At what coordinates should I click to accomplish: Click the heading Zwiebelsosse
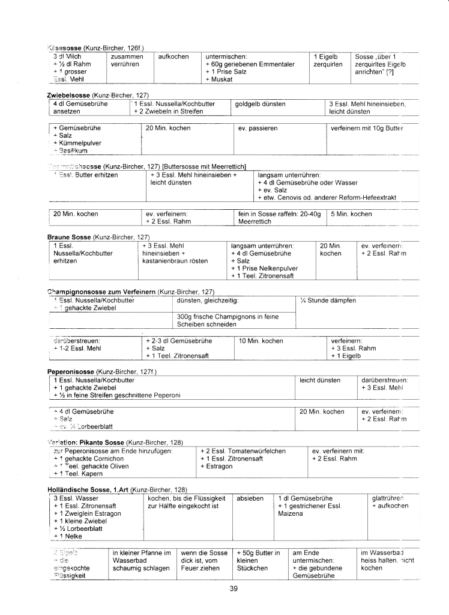68,96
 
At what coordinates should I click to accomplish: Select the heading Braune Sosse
69,237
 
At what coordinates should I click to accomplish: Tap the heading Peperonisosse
70,372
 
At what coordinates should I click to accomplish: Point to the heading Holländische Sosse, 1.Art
88,490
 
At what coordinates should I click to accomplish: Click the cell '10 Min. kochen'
261,341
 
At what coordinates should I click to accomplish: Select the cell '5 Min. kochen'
352,213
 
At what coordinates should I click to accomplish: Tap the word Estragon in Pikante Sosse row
219,467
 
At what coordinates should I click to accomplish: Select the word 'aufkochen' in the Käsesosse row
173,56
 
